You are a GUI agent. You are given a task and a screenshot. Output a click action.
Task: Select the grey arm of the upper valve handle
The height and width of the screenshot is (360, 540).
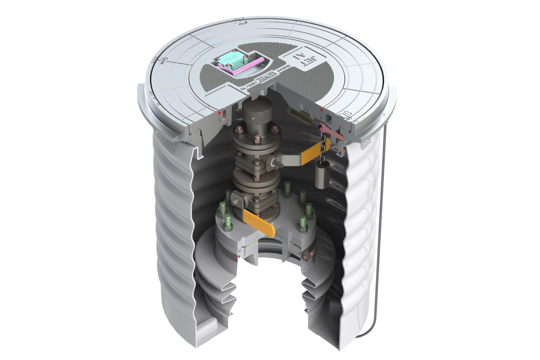coord(288,159)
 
